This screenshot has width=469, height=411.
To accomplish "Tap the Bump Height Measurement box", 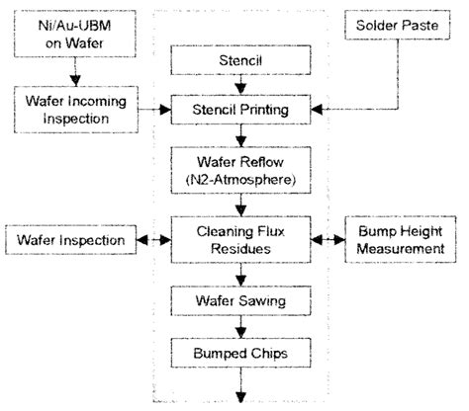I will [x=400, y=239].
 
